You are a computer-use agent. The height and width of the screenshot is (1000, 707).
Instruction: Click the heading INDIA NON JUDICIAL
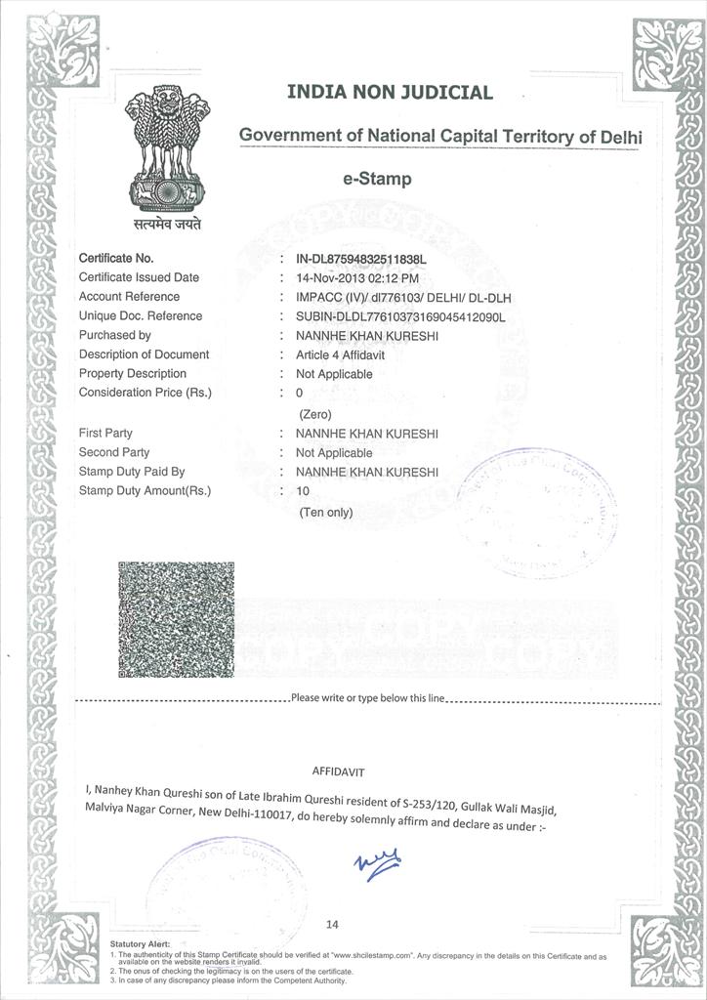(x=390, y=93)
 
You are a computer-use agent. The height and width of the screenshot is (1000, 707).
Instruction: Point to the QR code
(x=176, y=620)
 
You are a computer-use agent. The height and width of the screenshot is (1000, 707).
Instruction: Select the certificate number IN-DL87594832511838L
(x=362, y=259)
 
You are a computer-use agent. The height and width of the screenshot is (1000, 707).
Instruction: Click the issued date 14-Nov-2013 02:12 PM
(x=358, y=277)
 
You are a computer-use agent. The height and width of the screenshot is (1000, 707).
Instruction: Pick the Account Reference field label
(x=129, y=297)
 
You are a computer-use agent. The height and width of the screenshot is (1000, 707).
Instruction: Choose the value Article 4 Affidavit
(x=341, y=354)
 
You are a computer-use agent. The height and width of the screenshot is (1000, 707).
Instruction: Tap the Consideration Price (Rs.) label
(x=145, y=393)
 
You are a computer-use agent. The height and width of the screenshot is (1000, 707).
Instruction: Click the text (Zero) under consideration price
(x=315, y=414)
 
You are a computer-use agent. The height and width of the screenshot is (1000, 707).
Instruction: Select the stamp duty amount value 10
(x=302, y=491)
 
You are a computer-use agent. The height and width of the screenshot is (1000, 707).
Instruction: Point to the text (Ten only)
(x=326, y=512)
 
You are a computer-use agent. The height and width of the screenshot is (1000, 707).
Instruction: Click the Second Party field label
(x=114, y=452)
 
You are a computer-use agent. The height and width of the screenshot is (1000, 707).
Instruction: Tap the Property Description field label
(x=132, y=374)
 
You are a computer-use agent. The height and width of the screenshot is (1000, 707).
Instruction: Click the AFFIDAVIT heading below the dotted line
(x=337, y=771)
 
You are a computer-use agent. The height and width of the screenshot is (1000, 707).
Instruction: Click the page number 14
(x=333, y=924)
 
